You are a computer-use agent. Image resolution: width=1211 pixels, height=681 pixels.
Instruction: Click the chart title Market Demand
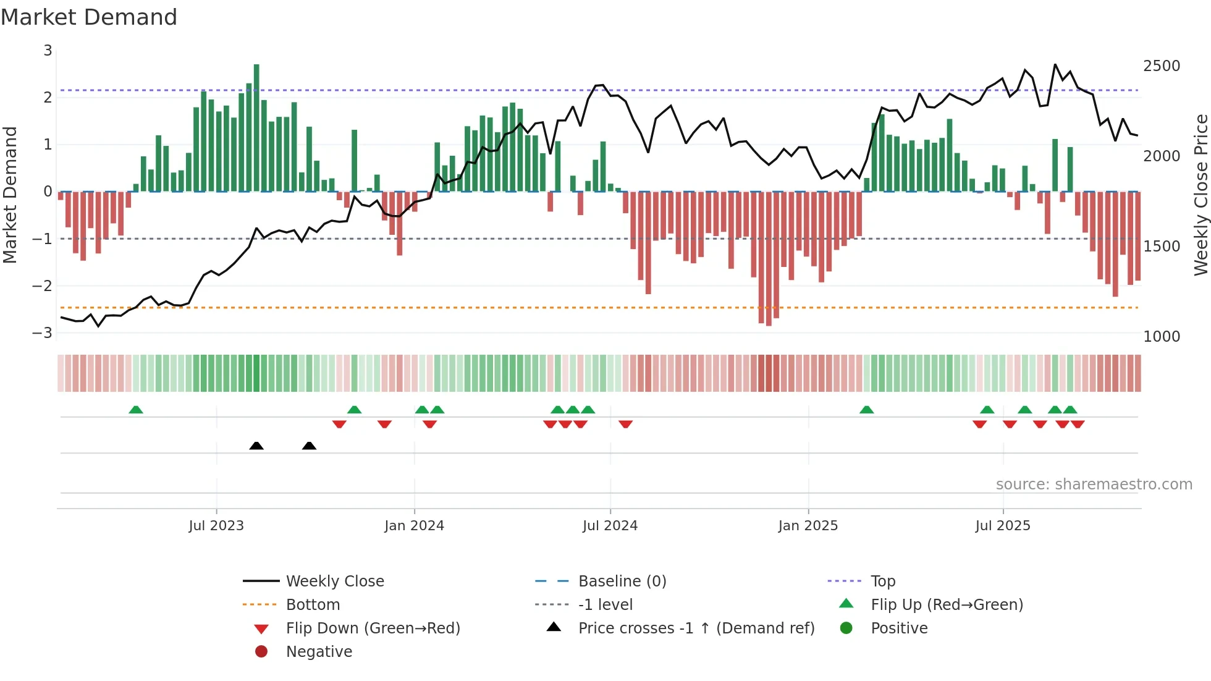[x=89, y=17]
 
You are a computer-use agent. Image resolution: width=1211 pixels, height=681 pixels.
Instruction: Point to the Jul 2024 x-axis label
[x=610, y=525]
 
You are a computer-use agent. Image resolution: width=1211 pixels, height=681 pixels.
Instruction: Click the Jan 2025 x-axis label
[x=808, y=525]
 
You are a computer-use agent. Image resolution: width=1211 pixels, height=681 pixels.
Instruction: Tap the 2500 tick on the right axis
[x=1161, y=66]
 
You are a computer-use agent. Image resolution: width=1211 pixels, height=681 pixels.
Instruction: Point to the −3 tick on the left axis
[x=42, y=332]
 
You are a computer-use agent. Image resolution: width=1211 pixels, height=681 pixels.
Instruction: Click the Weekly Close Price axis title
[x=1200, y=194]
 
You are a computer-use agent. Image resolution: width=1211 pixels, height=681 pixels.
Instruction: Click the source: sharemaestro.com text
[x=1094, y=484]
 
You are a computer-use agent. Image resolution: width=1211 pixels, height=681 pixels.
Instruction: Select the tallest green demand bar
[x=256, y=127]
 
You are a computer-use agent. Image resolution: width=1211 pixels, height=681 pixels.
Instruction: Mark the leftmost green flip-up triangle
[x=136, y=410]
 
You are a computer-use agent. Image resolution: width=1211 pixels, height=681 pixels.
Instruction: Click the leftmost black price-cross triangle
[x=256, y=446]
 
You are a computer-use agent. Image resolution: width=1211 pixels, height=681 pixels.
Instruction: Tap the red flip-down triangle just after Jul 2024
[x=625, y=424]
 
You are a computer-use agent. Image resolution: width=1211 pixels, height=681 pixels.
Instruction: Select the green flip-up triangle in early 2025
[x=867, y=410]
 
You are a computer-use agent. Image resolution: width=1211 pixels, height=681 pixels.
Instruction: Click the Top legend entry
[x=882, y=581]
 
